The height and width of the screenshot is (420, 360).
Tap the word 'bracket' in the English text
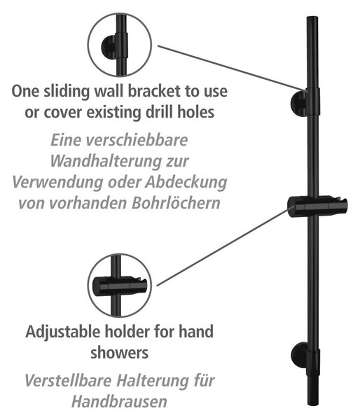coord(154,91)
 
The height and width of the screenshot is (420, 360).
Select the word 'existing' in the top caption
coord(113,112)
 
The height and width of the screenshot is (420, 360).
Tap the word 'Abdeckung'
coord(186,183)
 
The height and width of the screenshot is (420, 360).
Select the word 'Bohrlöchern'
coord(176,203)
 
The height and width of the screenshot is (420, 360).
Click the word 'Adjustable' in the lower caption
coord(63,332)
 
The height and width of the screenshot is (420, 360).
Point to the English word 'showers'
coord(119,353)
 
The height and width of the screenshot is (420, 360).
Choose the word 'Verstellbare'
coord(68,381)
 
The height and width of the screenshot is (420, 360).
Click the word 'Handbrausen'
coord(119,402)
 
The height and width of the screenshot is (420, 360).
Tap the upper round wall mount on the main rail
coord(298,104)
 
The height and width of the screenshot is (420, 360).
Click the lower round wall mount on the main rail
coord(299,355)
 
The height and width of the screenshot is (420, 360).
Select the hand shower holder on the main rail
coord(317,206)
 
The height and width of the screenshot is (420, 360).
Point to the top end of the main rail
coord(312,17)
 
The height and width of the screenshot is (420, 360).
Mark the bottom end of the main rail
coord(312,405)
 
